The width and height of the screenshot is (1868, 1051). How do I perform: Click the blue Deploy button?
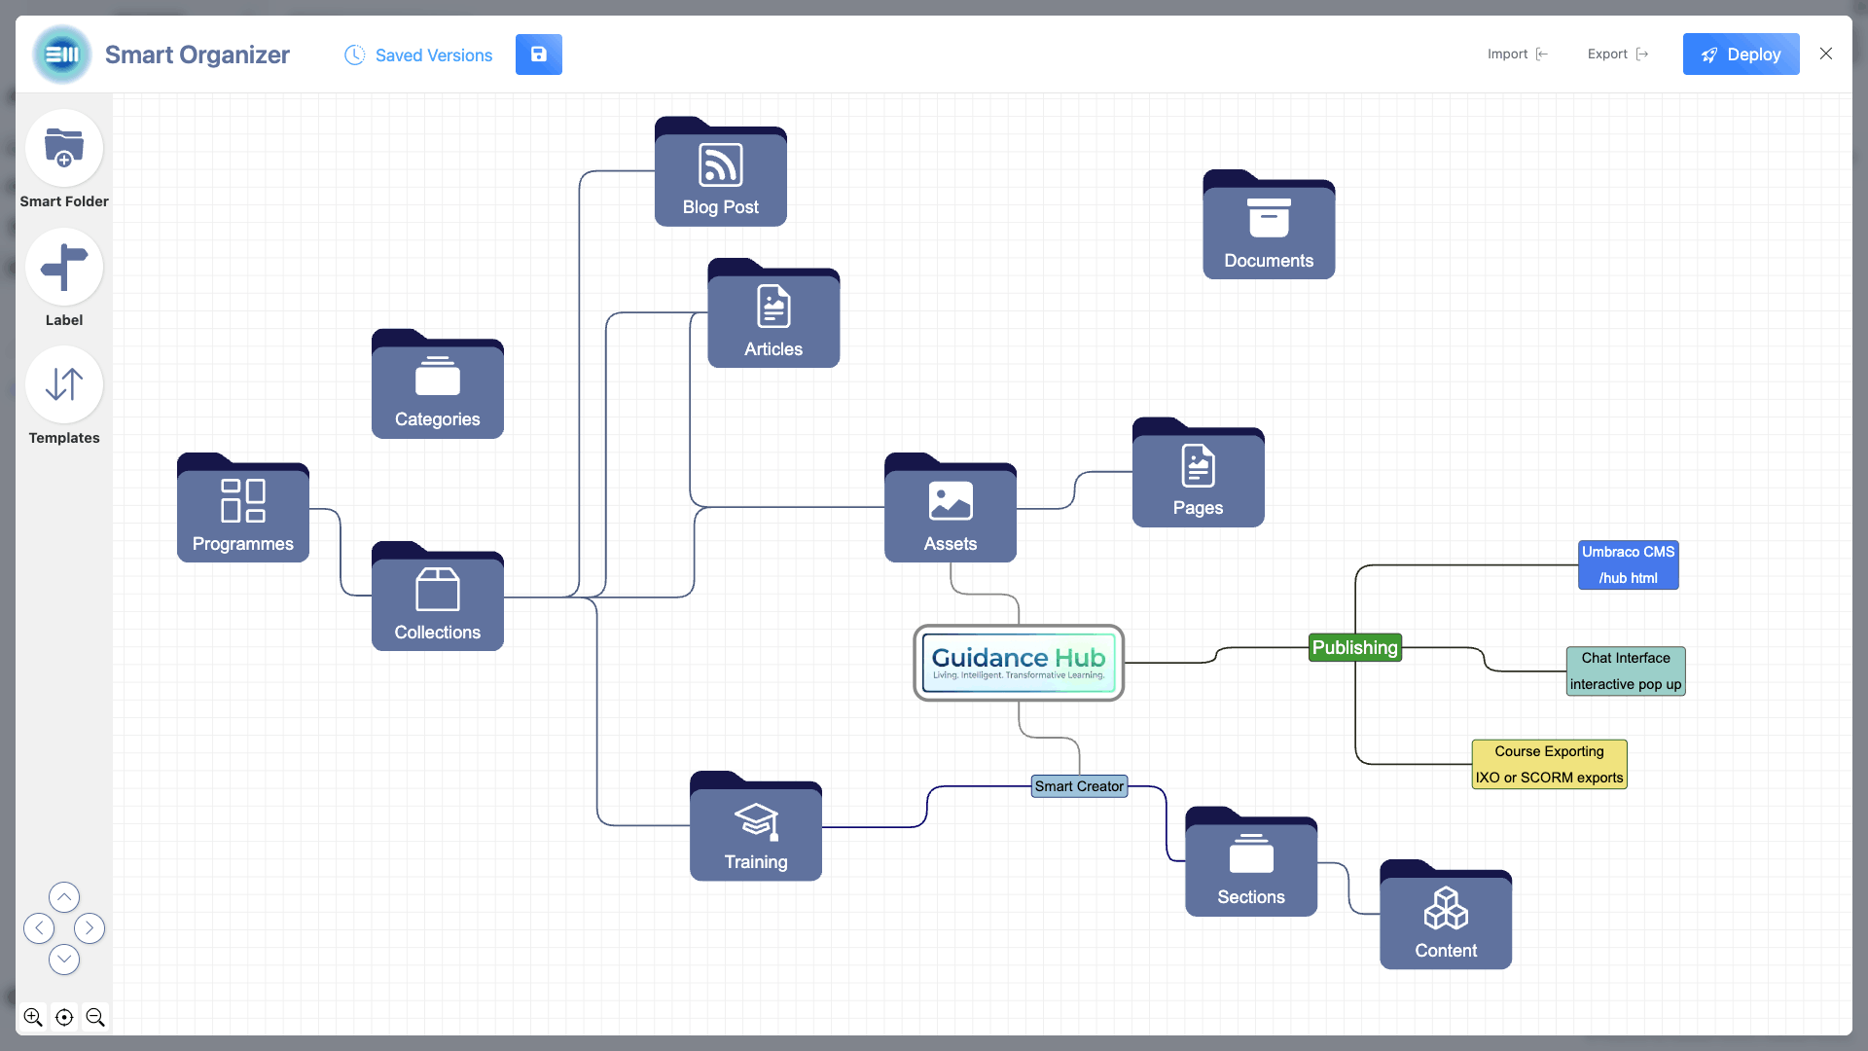pos(1741,54)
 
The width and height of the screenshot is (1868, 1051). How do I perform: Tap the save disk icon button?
pos(538,54)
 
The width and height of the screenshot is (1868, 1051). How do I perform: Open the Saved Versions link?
pos(419,55)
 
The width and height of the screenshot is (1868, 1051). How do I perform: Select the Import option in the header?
pos(1516,54)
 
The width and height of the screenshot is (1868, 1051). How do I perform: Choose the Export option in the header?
pos(1617,54)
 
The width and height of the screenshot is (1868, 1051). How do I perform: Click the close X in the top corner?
pos(1826,54)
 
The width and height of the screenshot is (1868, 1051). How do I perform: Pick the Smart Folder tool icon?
pos(64,148)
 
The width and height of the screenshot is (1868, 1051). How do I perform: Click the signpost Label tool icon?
pos(64,267)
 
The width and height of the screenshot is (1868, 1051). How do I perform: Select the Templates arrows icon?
pos(64,384)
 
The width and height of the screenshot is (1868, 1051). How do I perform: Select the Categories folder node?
pos(437,387)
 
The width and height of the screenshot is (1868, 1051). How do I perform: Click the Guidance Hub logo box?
pos(1019,663)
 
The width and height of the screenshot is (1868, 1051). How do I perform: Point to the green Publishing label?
pos(1354,647)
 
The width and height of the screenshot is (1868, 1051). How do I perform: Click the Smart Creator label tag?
pos(1079,786)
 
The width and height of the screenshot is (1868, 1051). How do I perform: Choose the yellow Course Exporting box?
pos(1549,764)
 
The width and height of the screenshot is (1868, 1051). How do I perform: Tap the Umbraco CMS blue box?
pos(1628,564)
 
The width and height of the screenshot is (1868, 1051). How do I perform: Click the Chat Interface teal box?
pos(1625,670)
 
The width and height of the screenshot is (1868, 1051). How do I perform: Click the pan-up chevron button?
pos(64,896)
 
